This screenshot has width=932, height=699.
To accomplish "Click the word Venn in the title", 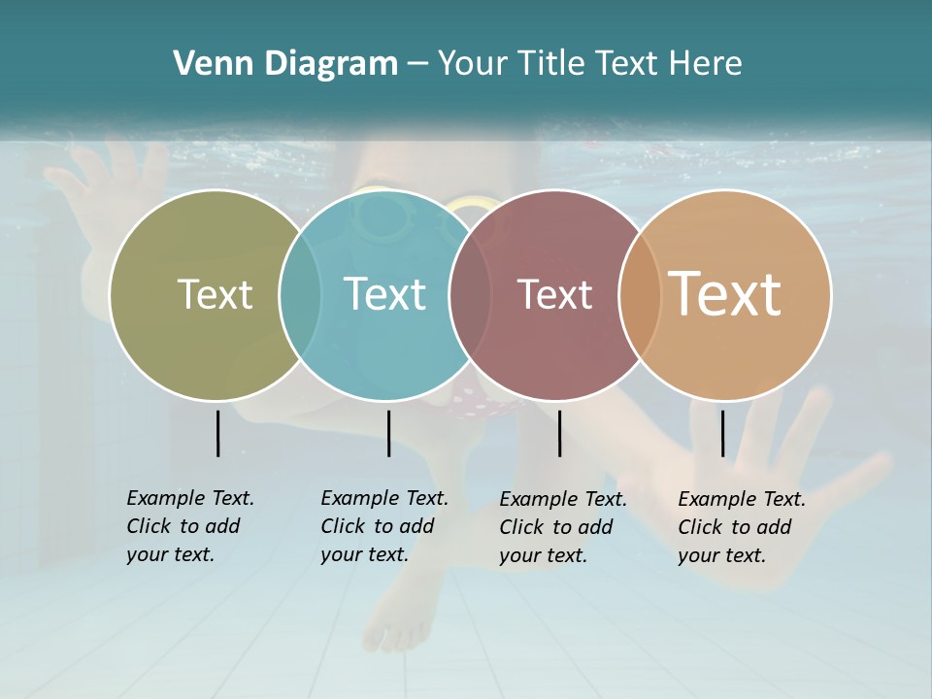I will point(207,64).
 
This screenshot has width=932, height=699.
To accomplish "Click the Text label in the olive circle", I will point(216,294).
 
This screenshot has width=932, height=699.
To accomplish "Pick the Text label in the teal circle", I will point(385,294).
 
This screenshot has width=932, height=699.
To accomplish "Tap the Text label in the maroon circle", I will point(554,294).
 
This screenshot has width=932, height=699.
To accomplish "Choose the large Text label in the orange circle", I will point(725,293).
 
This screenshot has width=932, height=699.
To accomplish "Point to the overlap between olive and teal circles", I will point(300,295).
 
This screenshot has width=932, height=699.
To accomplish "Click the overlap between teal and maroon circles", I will point(470,295).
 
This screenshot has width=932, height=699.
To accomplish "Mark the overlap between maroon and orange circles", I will point(639,295).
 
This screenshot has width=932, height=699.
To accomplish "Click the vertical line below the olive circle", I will point(217,433).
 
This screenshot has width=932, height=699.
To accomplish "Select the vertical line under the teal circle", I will point(388,433).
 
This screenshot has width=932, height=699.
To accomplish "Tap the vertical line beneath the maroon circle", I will point(559,433).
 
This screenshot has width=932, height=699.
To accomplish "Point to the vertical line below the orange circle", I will point(722,433).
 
